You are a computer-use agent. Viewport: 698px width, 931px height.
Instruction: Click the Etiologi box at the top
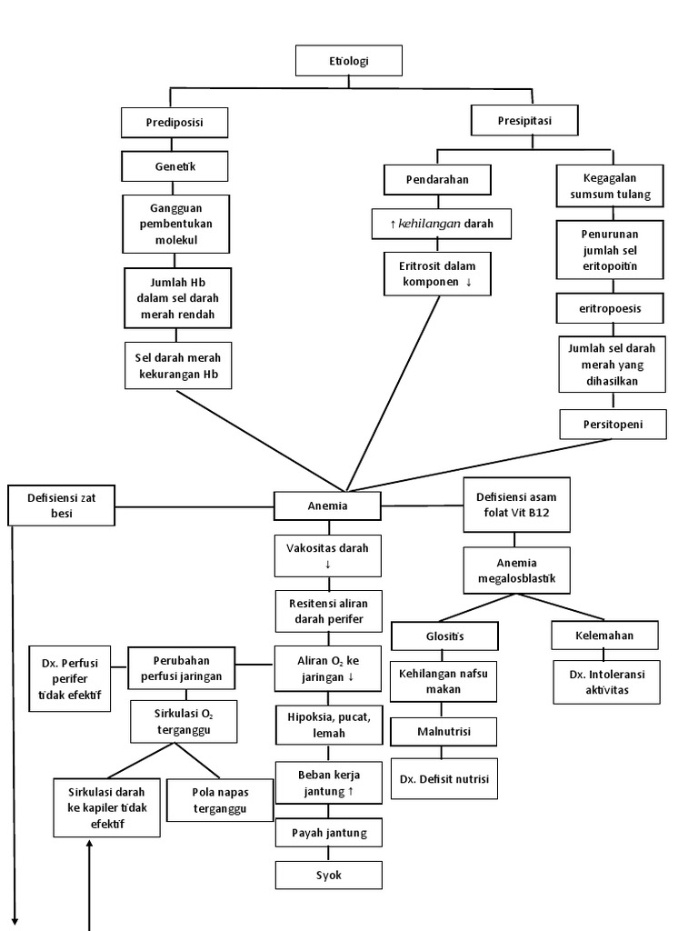point(350,61)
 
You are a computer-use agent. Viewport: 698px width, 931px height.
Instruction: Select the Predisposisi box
point(174,122)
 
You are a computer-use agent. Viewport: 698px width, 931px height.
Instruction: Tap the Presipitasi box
point(524,119)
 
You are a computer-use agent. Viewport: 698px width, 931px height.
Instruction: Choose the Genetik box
point(174,165)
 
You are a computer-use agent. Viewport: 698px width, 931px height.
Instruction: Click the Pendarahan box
point(437,179)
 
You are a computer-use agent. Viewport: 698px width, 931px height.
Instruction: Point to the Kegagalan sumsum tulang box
point(610,186)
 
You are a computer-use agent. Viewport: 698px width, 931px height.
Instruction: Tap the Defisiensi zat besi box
point(62,506)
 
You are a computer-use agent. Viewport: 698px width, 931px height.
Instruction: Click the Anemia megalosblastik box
point(516,570)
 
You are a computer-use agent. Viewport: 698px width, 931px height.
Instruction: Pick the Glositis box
point(444,636)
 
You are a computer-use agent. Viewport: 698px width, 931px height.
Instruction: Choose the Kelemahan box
point(604,635)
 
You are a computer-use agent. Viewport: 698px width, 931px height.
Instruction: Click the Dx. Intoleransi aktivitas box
point(606,682)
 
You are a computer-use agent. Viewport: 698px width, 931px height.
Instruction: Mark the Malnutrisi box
point(444,731)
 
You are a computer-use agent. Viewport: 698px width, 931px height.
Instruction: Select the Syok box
point(328,875)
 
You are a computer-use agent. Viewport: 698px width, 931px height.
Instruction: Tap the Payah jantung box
point(328,833)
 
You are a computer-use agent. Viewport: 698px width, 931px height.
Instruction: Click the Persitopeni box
point(613,424)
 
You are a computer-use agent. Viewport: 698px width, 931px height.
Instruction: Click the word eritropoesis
point(610,308)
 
